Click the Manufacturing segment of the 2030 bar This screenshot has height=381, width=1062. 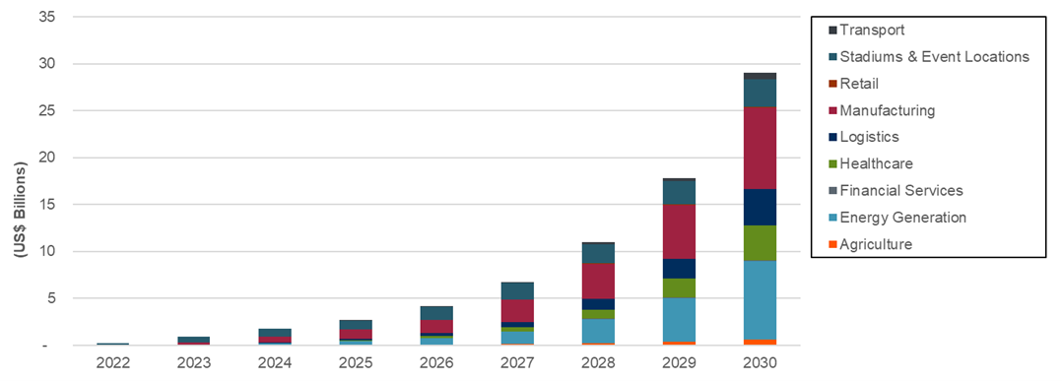[x=760, y=148]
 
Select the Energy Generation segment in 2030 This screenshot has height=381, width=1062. [x=760, y=299]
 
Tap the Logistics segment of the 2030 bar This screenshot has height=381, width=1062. [x=760, y=207]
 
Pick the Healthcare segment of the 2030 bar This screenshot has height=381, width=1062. [x=760, y=242]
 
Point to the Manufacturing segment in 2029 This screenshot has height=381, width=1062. [x=679, y=231]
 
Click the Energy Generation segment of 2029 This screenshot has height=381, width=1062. [x=679, y=319]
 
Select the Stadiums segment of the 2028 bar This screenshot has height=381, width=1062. [x=598, y=254]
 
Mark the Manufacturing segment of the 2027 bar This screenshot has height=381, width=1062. [x=517, y=310]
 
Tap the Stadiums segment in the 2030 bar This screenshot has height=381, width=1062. [x=760, y=93]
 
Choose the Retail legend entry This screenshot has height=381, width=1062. [x=858, y=84]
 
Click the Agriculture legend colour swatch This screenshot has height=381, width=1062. [x=832, y=244]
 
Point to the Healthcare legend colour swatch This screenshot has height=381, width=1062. [x=832, y=164]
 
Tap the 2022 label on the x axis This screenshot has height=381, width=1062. [x=112, y=363]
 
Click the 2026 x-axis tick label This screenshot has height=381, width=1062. [x=436, y=363]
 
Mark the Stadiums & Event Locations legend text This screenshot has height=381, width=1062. [x=934, y=57]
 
